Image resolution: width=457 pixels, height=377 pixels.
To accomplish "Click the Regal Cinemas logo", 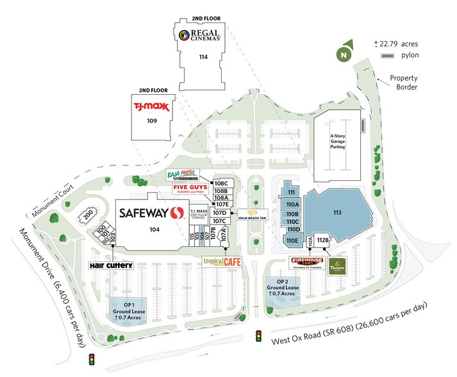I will point(200,35).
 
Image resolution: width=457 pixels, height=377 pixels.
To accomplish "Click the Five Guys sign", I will point(193,188).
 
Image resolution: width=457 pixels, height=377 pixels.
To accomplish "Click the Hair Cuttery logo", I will point(111,265).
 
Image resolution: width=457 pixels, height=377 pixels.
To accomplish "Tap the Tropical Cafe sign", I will point(222,262).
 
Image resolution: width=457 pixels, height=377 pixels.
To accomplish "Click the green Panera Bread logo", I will point(337,265).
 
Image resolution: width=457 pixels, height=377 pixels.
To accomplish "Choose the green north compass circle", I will point(344,55).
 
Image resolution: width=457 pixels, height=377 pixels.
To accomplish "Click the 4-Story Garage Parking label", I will point(337,141).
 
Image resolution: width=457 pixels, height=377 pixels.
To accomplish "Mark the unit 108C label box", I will point(221,183).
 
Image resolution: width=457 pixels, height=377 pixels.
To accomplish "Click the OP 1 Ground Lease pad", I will point(126,311).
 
